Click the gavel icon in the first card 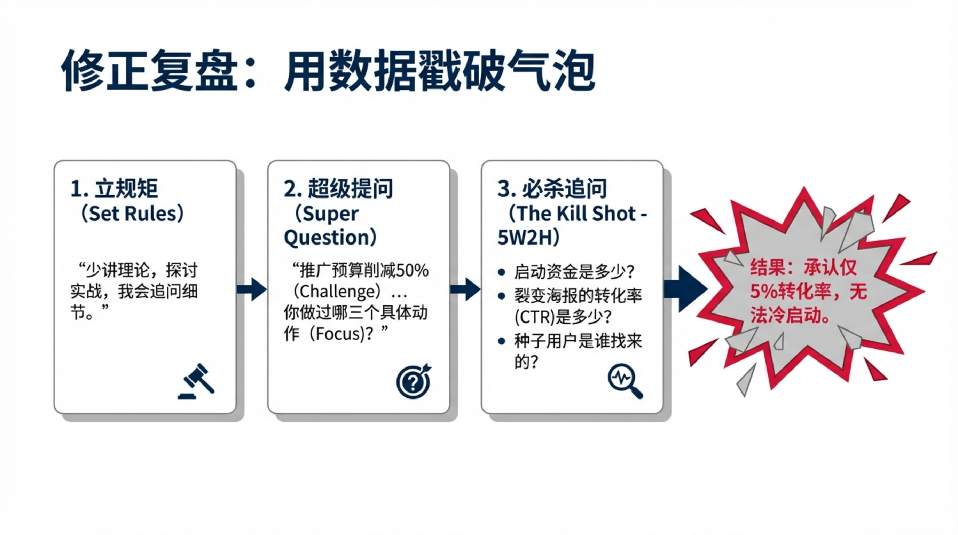pos(196,381)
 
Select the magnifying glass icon pos(625,381)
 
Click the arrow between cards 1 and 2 pos(252,289)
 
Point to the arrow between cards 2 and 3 pos(465,289)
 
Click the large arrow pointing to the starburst pos(686,289)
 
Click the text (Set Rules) pos(132,214)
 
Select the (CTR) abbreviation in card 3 pos(534,317)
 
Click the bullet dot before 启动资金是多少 pos(501,272)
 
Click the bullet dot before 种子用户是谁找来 pos(501,341)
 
